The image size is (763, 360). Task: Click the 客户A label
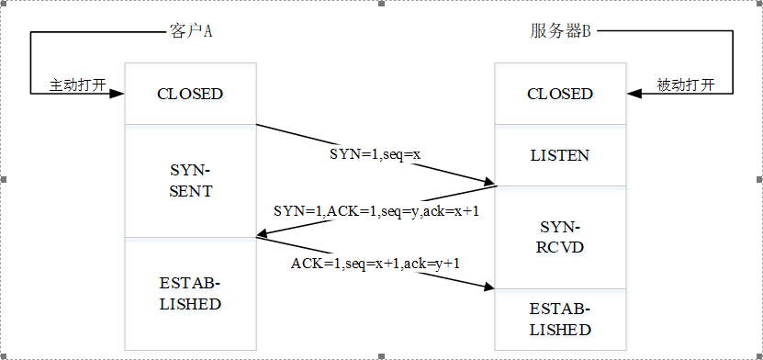[x=190, y=31]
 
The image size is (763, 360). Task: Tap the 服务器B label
[x=560, y=31]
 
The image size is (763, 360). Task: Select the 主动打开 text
[x=78, y=85]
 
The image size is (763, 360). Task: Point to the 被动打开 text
[x=686, y=85]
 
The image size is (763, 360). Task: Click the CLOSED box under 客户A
[x=190, y=94]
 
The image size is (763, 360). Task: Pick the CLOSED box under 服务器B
[x=560, y=94]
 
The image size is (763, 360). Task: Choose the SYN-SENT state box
[x=190, y=181]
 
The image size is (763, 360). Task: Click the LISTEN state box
[x=560, y=155]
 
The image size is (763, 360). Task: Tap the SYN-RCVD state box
[x=560, y=238]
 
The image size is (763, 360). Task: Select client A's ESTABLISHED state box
[x=190, y=294]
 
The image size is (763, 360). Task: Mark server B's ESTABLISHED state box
[x=560, y=320]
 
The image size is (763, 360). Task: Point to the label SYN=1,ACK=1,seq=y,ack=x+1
[x=377, y=211]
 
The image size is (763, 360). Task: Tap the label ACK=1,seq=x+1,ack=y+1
[x=376, y=264]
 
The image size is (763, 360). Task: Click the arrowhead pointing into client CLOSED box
[x=117, y=94]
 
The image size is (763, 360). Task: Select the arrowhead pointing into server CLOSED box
[x=634, y=94]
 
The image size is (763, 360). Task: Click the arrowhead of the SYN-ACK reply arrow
[x=264, y=235]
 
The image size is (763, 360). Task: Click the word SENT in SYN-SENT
[x=190, y=191]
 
